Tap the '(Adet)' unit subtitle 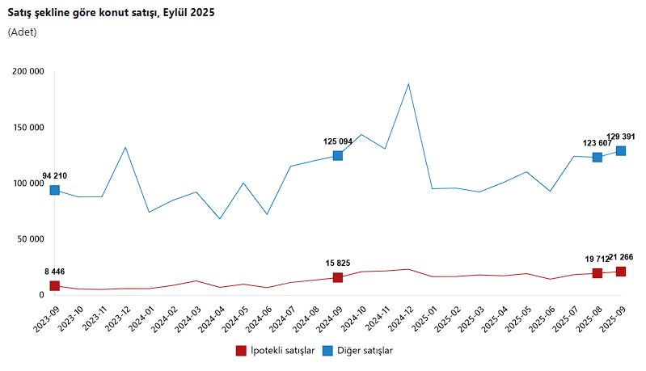coord(22,32)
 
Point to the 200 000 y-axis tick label coord(27,71)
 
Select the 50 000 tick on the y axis coord(30,239)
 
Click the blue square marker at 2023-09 coord(55,190)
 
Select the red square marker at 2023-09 coord(55,285)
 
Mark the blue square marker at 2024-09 coord(338,155)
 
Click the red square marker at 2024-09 coord(338,277)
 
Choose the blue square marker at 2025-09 coord(621,150)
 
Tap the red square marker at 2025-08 coord(597,273)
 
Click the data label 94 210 coord(55,175)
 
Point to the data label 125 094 coord(338,141)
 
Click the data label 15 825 coord(338,263)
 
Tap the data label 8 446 coord(55,272)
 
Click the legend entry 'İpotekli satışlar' coord(274,351)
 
